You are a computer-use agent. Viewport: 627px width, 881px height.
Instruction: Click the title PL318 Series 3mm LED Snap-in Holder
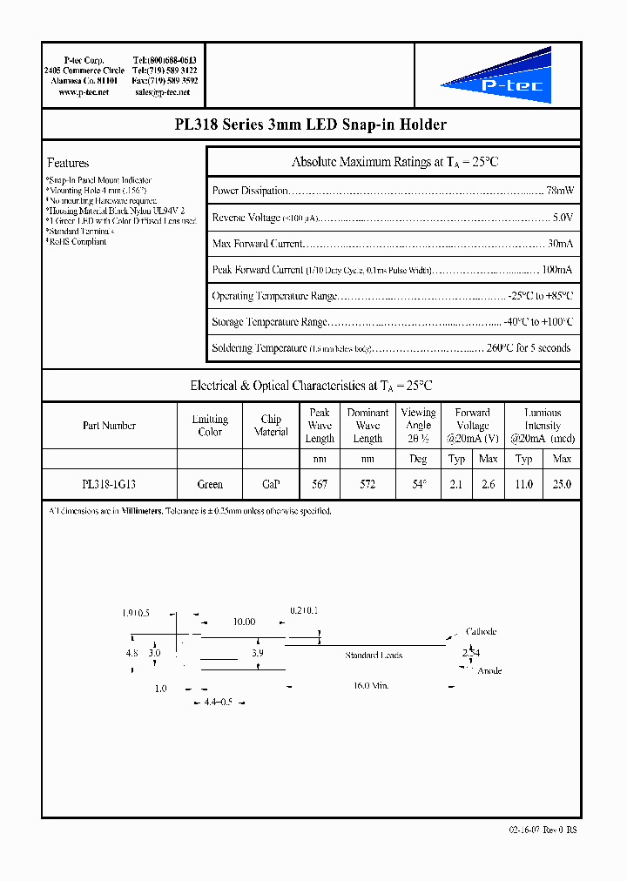[311, 124]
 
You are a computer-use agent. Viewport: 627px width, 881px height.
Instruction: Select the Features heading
[68, 163]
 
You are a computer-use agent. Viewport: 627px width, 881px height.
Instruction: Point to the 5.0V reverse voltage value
[563, 218]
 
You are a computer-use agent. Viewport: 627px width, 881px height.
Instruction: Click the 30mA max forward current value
[560, 244]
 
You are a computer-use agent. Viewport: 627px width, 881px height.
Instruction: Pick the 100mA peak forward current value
[556, 270]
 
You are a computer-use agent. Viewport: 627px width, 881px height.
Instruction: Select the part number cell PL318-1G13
[109, 484]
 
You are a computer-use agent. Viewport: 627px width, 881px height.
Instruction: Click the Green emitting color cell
[210, 484]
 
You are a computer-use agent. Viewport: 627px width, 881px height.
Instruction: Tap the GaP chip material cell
[271, 484]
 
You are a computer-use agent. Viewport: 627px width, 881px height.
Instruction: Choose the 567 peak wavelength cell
[320, 484]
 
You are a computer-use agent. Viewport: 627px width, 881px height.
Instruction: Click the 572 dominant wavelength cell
[367, 484]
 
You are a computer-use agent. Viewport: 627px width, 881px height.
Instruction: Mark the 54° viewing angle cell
[418, 484]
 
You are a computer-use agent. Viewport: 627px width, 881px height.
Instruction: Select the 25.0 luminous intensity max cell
[563, 484]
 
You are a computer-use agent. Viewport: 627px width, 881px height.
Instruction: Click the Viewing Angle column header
[418, 425]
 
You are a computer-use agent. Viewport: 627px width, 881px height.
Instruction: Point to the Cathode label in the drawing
[482, 632]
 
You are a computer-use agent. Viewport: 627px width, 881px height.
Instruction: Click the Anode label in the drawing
[489, 671]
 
